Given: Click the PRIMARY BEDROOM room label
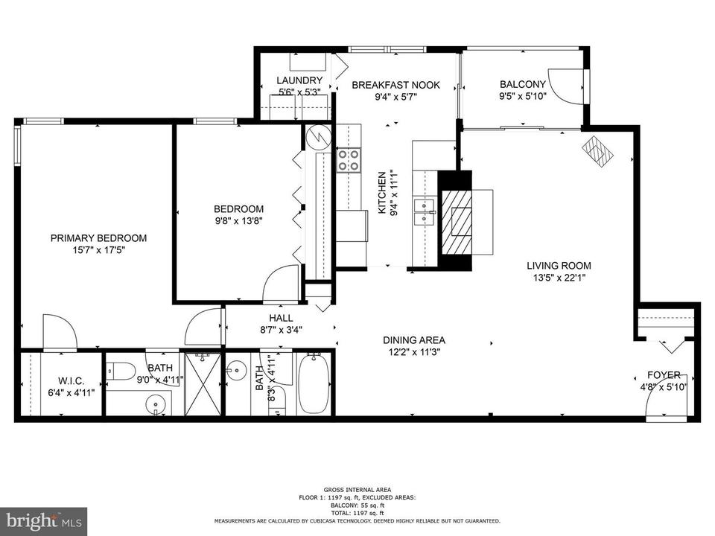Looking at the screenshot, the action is click(98, 238).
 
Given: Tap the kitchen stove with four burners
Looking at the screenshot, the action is click(349, 160).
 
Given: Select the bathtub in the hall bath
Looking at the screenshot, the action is click(314, 383).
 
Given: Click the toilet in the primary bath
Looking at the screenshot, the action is click(120, 370).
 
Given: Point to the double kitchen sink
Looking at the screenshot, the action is click(424, 212).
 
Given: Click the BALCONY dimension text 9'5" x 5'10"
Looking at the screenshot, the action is click(523, 96).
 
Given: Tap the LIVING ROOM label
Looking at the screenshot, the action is click(559, 266).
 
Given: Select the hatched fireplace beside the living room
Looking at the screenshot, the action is click(457, 221).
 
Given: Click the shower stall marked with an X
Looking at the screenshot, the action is click(203, 383).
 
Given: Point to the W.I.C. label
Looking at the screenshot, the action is click(71, 381).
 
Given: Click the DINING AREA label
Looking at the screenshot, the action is click(414, 340).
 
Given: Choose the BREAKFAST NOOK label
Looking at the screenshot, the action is click(395, 85).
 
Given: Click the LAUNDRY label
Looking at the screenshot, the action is click(299, 80).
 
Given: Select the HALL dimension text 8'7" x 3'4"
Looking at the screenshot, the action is click(281, 330).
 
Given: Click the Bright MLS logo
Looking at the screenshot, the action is click(44, 520).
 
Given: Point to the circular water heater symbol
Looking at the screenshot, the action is click(318, 135).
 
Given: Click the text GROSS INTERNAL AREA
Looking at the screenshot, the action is click(357, 490).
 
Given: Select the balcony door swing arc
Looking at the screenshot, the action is click(565, 86).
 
